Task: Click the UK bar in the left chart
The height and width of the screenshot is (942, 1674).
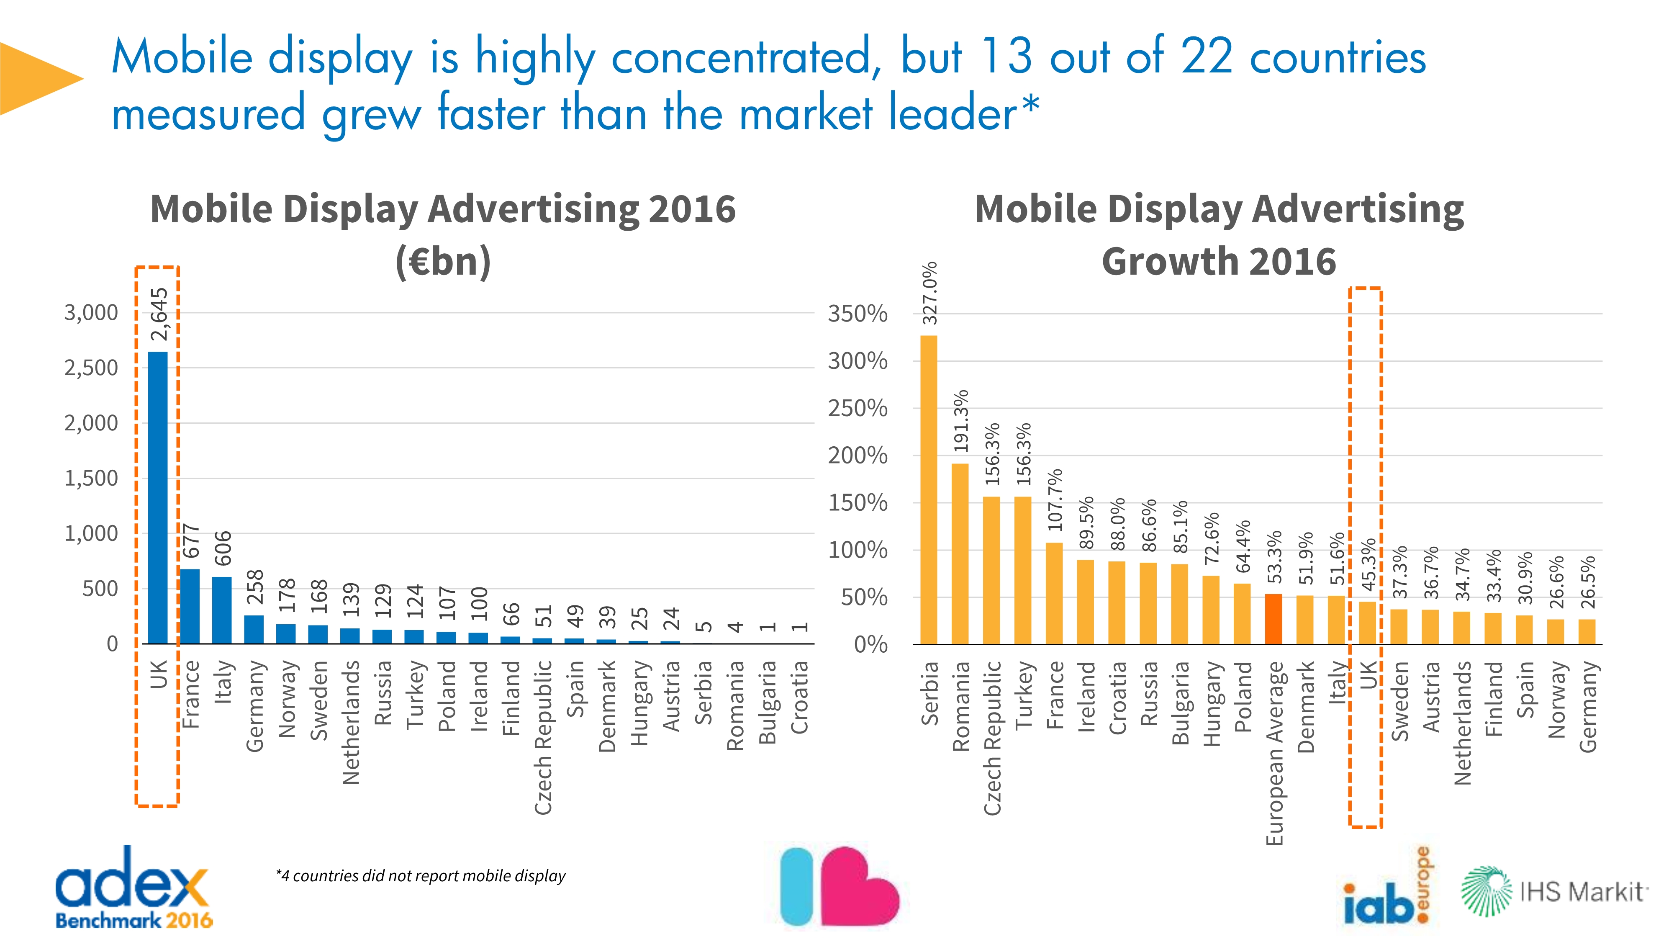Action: pyautogui.click(x=158, y=497)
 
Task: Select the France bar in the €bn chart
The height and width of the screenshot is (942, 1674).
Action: pyautogui.click(x=190, y=606)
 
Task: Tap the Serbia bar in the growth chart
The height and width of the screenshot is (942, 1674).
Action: pyautogui.click(x=929, y=489)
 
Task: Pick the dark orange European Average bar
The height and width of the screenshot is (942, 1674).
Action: pyautogui.click(x=1273, y=618)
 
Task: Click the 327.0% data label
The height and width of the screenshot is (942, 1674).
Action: pyautogui.click(x=930, y=293)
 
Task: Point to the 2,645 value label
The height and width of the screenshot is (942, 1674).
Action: pyautogui.click(x=159, y=314)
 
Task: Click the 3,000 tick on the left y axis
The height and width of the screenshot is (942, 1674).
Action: pyautogui.click(x=91, y=313)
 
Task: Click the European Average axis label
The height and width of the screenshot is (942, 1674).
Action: pyautogui.click(x=1274, y=753)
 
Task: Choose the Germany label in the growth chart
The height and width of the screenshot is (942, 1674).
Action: pyautogui.click(x=1587, y=707)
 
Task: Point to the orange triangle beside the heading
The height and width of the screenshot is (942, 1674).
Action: pyautogui.click(x=36, y=79)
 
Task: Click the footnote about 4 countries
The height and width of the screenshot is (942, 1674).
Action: pyautogui.click(x=421, y=876)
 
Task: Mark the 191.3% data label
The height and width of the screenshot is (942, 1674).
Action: pyautogui.click(x=961, y=421)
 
